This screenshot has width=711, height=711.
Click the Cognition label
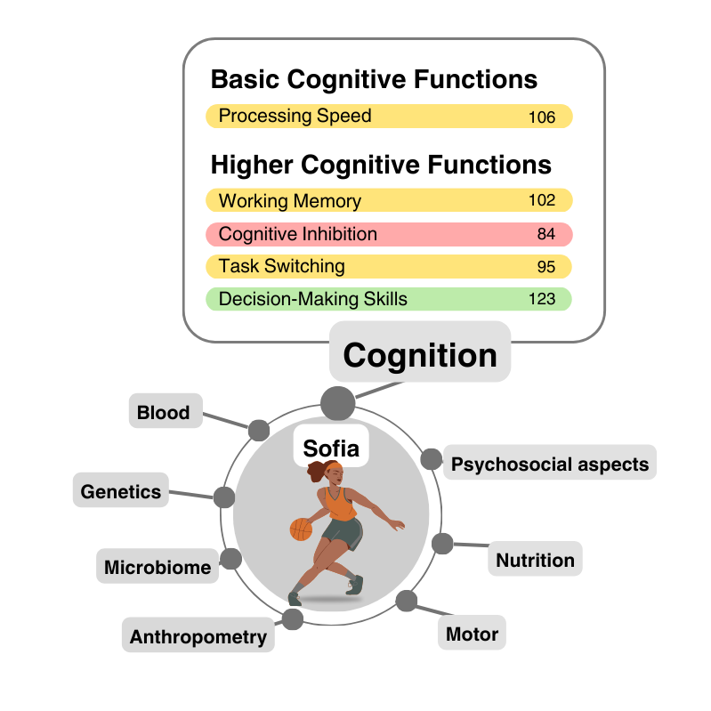coord(420,355)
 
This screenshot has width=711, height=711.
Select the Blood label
coord(164,412)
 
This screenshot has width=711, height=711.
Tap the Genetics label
coord(121,491)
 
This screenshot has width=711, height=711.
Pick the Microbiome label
coord(158,567)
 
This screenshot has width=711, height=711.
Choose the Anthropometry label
coord(198,636)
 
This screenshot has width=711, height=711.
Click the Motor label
coord(472,634)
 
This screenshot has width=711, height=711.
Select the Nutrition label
coord(535,560)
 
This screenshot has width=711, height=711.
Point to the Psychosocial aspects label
coord(549,464)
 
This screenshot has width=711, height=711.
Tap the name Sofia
coord(331,448)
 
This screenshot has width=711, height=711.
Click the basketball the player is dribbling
coord(302,529)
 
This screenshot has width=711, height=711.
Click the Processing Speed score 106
coord(541,117)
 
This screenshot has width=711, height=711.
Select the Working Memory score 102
coord(541,200)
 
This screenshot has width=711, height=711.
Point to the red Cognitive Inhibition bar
coord(388,234)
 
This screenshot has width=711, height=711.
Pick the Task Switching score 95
coord(546,267)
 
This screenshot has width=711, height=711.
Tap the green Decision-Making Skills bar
coord(388,299)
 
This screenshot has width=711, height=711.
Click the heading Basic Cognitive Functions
coord(374,79)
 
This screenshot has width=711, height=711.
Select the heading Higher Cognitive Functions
coord(381,165)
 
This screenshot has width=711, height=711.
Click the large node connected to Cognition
coord(338,403)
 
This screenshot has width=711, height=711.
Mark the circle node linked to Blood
coord(259,431)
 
